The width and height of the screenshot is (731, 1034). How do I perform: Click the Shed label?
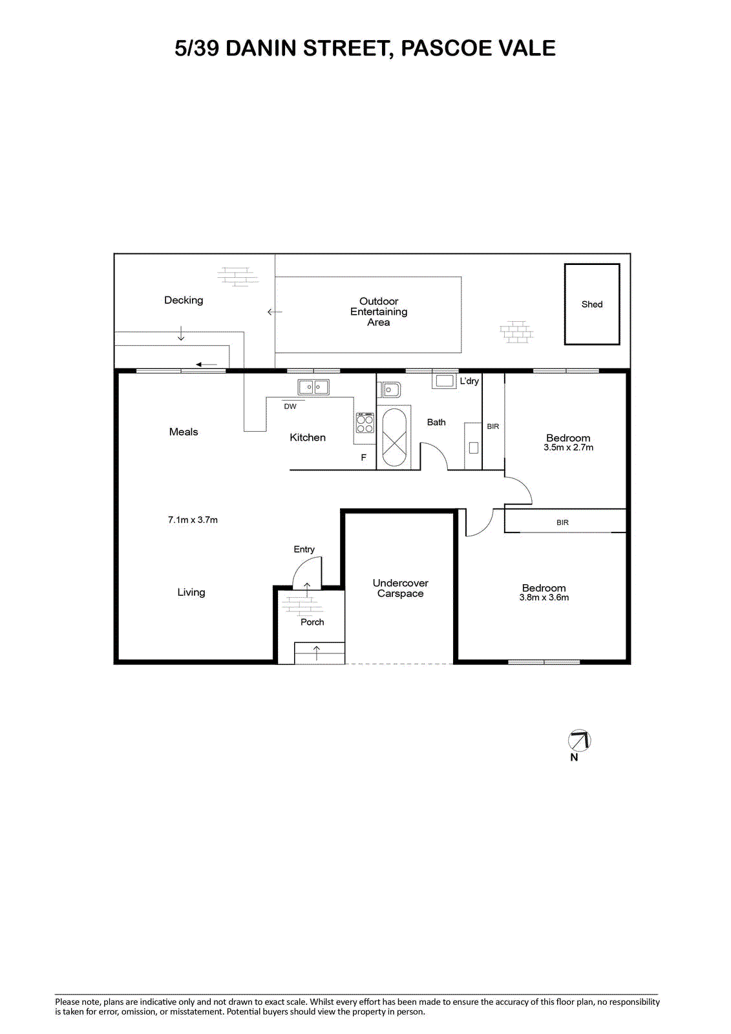click(x=591, y=304)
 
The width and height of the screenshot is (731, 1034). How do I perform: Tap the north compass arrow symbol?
click(x=579, y=741)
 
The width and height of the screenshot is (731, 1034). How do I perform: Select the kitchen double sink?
click(x=313, y=387)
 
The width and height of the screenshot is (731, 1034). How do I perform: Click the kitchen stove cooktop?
click(x=365, y=423)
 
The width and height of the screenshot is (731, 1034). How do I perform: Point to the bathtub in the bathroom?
click(x=394, y=438)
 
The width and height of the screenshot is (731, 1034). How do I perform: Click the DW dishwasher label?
click(x=290, y=406)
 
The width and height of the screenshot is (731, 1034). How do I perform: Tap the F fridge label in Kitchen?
click(x=363, y=458)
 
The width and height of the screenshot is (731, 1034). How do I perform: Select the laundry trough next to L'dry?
click(x=444, y=381)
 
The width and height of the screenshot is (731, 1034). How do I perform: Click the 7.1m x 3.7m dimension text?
click(x=193, y=520)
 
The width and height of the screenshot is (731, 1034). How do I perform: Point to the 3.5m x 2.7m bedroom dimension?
click(x=568, y=447)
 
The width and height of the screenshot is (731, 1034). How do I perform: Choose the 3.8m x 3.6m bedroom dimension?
click(x=544, y=597)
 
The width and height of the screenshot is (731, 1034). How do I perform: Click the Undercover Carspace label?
click(x=400, y=588)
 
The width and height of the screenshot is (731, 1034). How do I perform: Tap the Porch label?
click(x=312, y=622)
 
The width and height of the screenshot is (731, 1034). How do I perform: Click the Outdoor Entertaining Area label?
click(x=379, y=311)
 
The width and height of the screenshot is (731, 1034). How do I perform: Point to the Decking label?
click(x=184, y=301)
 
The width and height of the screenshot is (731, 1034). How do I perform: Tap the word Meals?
click(x=184, y=432)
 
